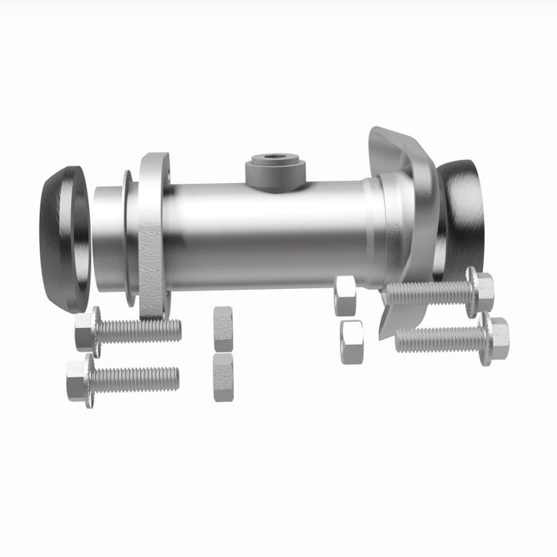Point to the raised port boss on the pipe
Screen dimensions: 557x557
[x=275, y=172]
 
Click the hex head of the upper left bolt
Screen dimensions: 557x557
[x=86, y=331]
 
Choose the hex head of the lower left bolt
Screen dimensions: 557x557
[x=78, y=380]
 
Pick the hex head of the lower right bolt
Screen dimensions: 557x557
[x=497, y=338]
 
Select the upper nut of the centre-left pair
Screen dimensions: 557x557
[x=224, y=328]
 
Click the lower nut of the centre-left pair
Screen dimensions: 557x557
[x=224, y=376]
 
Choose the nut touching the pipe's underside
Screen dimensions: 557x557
[x=345, y=295]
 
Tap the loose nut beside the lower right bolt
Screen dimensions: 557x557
[x=351, y=341]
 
